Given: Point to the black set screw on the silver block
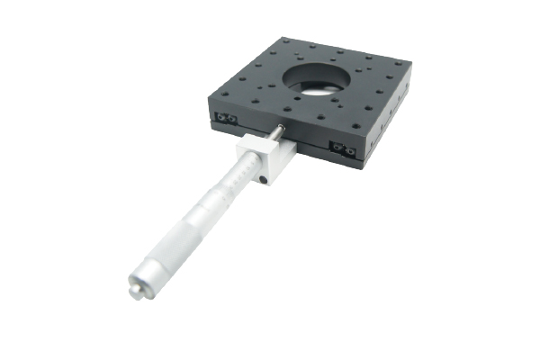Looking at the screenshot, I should [263, 180].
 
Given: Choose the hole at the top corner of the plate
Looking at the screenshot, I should [287, 41].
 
